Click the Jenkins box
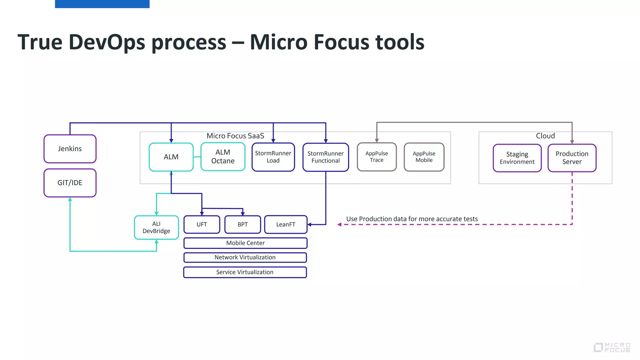pos(70,149)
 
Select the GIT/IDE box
pos(70,183)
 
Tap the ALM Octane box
pos(223,157)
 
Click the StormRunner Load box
pos(273,157)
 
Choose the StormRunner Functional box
pos(326,157)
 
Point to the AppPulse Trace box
pos(377,157)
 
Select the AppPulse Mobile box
pos(424,157)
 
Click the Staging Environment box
pos(517,158)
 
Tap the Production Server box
pos(572,158)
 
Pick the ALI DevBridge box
pos(156,227)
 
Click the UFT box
pos(202,224)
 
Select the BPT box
pos(242,224)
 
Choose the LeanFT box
pos(286,224)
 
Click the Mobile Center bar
pos(245,243)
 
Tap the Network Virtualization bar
pos(245,257)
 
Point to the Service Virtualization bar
pos(245,272)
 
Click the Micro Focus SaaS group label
pos(235,136)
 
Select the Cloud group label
pos(545,136)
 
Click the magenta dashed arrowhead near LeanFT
pos(339,224)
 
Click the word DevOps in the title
pos(107,42)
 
